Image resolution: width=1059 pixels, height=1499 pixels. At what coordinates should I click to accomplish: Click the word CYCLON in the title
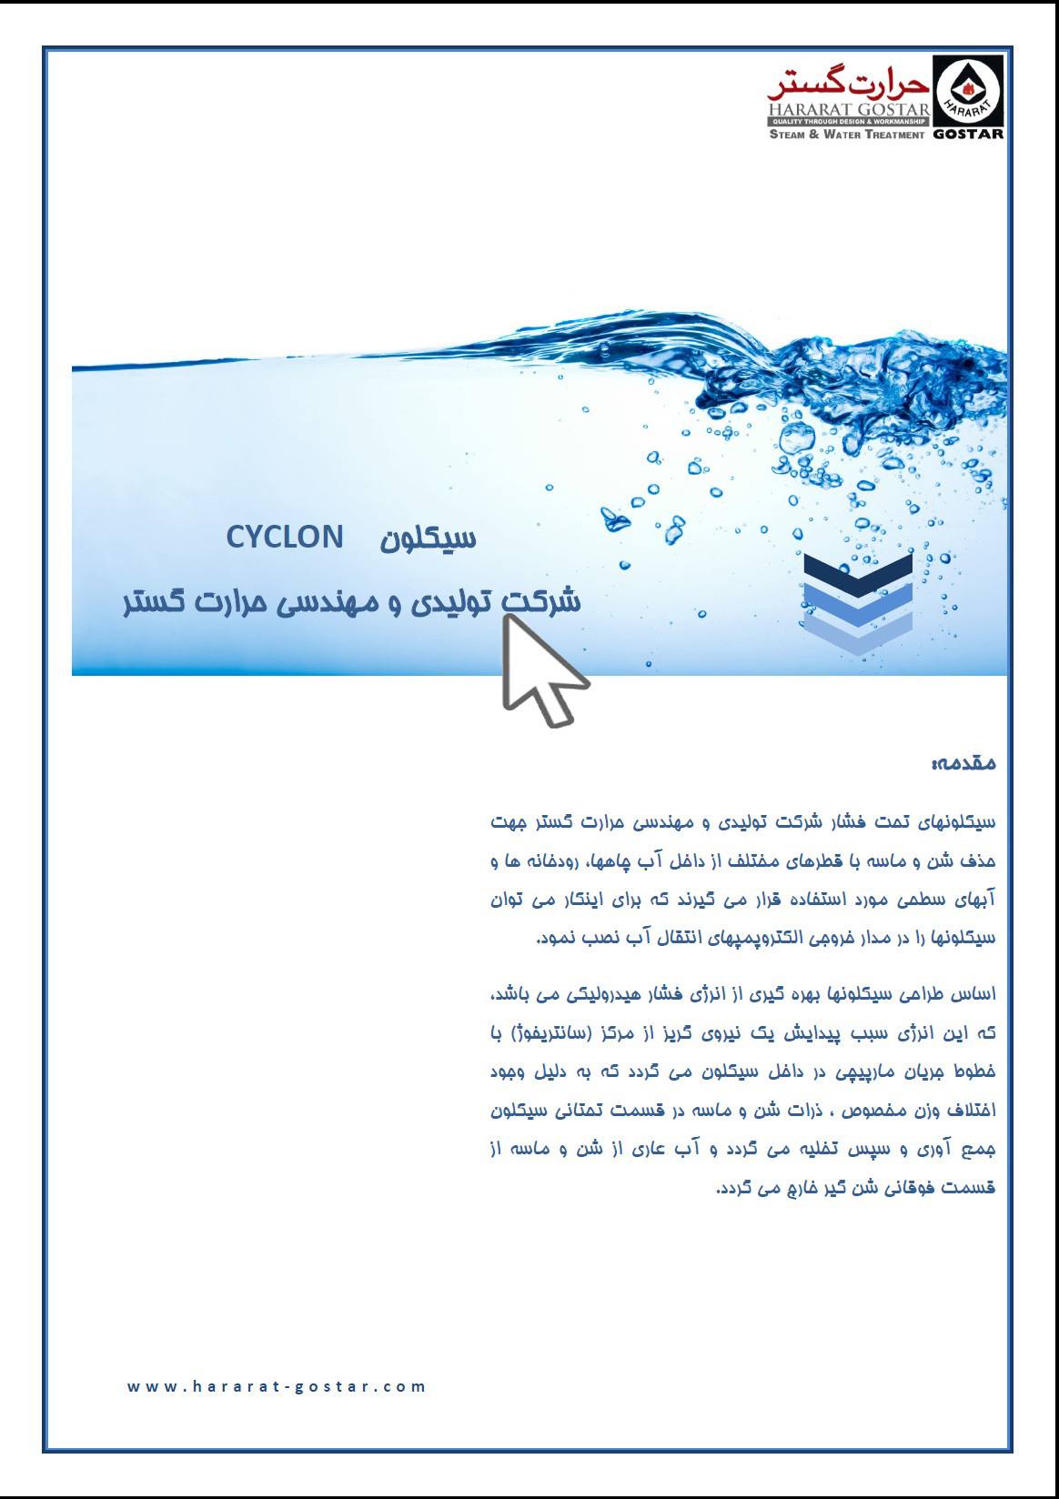pyautogui.click(x=285, y=538)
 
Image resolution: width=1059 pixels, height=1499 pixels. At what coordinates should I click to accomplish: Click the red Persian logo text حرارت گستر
pyautogui.click(x=847, y=86)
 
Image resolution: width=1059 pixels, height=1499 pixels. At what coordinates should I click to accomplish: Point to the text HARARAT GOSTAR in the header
pyautogui.click(x=847, y=110)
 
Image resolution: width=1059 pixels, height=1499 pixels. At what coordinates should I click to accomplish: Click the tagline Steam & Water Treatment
pyautogui.click(x=847, y=135)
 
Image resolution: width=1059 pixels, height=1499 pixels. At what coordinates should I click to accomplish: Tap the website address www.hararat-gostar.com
pyautogui.click(x=277, y=1387)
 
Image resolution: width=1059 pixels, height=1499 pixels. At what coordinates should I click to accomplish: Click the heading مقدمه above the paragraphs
pyautogui.click(x=963, y=764)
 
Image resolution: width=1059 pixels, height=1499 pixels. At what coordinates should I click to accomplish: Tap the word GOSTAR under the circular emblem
pyautogui.click(x=968, y=134)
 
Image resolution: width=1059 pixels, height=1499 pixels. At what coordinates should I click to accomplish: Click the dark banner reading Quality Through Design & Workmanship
pyautogui.click(x=847, y=121)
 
